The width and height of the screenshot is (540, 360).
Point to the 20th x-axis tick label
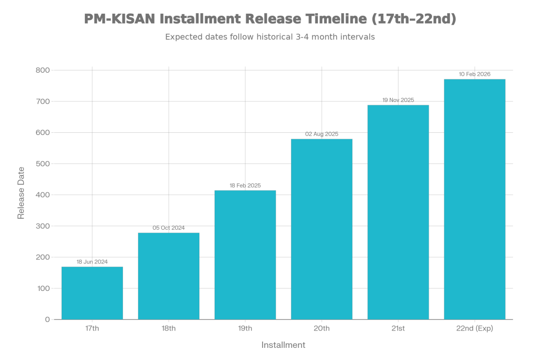pyautogui.click(x=322, y=329)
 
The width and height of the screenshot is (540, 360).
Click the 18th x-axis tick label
pyautogui.click(x=169, y=329)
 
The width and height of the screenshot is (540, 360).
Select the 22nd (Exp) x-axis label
pyautogui.click(x=475, y=329)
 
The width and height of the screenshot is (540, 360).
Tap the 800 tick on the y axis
pyautogui.click(x=43, y=70)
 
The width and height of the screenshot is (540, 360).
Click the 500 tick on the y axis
pyautogui.click(x=43, y=164)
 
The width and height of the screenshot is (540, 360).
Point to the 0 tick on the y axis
pyautogui.click(x=47, y=319)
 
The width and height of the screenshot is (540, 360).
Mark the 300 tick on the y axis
pyautogui.click(x=43, y=226)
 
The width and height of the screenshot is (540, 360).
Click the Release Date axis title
pyautogui.click(x=21, y=192)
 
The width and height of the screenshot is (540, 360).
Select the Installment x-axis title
pyautogui.click(x=283, y=345)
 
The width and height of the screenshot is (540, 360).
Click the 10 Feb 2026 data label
pyautogui.click(x=475, y=74)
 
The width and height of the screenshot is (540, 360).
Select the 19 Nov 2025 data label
pyautogui.click(x=398, y=100)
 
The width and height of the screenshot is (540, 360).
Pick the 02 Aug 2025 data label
pyautogui.click(x=322, y=134)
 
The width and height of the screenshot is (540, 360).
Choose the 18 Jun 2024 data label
pyautogui.click(x=92, y=261)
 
